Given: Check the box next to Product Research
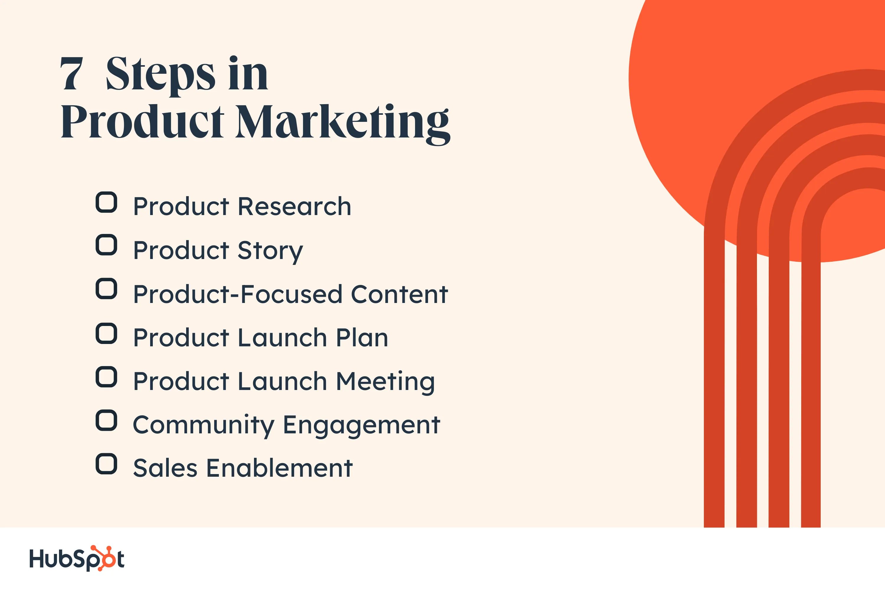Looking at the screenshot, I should click(106, 202).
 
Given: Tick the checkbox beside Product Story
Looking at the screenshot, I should click(106, 245).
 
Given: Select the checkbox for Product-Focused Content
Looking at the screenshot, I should click(106, 289).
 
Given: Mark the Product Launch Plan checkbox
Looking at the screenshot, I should click(106, 333).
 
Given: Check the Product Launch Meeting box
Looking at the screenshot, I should click(106, 377).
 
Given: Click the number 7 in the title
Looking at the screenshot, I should click(71, 74).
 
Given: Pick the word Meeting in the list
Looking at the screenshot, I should click(385, 381).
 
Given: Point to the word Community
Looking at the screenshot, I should click(204, 425).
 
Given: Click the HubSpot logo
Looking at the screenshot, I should click(77, 558).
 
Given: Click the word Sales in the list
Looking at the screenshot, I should click(165, 468).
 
